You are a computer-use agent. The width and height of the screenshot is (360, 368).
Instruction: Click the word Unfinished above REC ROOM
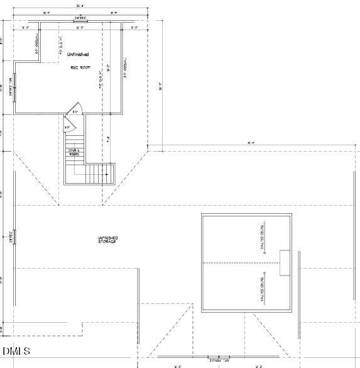tap(78, 55)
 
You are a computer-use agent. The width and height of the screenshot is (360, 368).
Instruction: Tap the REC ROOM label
tap(80, 67)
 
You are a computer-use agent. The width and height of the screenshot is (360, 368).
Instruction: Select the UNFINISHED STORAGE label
tap(107, 240)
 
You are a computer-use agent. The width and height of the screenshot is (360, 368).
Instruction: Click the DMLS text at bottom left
tap(16, 351)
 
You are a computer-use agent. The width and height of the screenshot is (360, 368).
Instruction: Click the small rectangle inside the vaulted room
tap(285, 262)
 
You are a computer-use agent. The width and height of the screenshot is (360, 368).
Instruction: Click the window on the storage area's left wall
tap(14, 237)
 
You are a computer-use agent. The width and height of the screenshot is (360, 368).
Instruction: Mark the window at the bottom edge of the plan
tap(219, 358)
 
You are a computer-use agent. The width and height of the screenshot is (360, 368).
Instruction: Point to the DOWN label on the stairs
tap(74, 152)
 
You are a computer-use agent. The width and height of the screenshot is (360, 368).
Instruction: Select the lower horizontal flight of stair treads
tap(101, 173)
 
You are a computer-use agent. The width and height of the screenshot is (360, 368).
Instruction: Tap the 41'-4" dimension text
tap(251, 143)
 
